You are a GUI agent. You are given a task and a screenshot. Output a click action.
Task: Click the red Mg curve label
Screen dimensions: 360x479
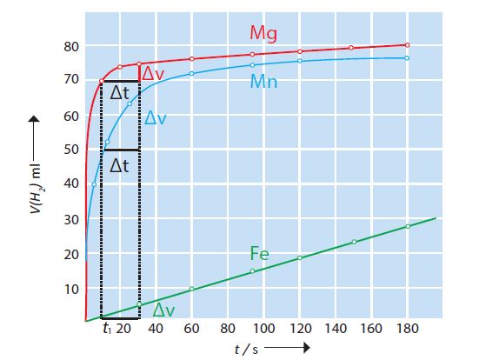click(264, 33)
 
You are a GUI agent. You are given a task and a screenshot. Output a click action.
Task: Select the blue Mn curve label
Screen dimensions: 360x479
click(264, 81)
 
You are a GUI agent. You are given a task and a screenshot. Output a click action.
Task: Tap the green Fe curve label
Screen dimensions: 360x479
click(259, 254)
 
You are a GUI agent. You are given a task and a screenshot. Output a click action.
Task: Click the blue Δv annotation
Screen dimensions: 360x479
click(156, 118)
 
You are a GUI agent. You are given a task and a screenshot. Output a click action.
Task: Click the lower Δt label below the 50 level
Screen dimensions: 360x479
click(120, 164)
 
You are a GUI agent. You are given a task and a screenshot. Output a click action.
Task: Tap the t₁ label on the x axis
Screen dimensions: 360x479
click(105, 330)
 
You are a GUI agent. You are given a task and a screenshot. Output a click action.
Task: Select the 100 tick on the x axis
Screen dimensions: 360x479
click(263, 330)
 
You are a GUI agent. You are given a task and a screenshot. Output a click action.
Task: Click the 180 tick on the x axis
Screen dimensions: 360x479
click(407, 330)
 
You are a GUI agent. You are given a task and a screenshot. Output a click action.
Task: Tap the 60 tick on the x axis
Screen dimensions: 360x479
click(192, 330)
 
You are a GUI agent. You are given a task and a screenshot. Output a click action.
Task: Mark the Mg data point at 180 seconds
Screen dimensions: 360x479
click(407, 45)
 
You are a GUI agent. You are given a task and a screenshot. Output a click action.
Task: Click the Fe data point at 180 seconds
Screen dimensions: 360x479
click(407, 226)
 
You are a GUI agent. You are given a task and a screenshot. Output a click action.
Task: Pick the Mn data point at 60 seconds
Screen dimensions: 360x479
click(192, 73)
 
